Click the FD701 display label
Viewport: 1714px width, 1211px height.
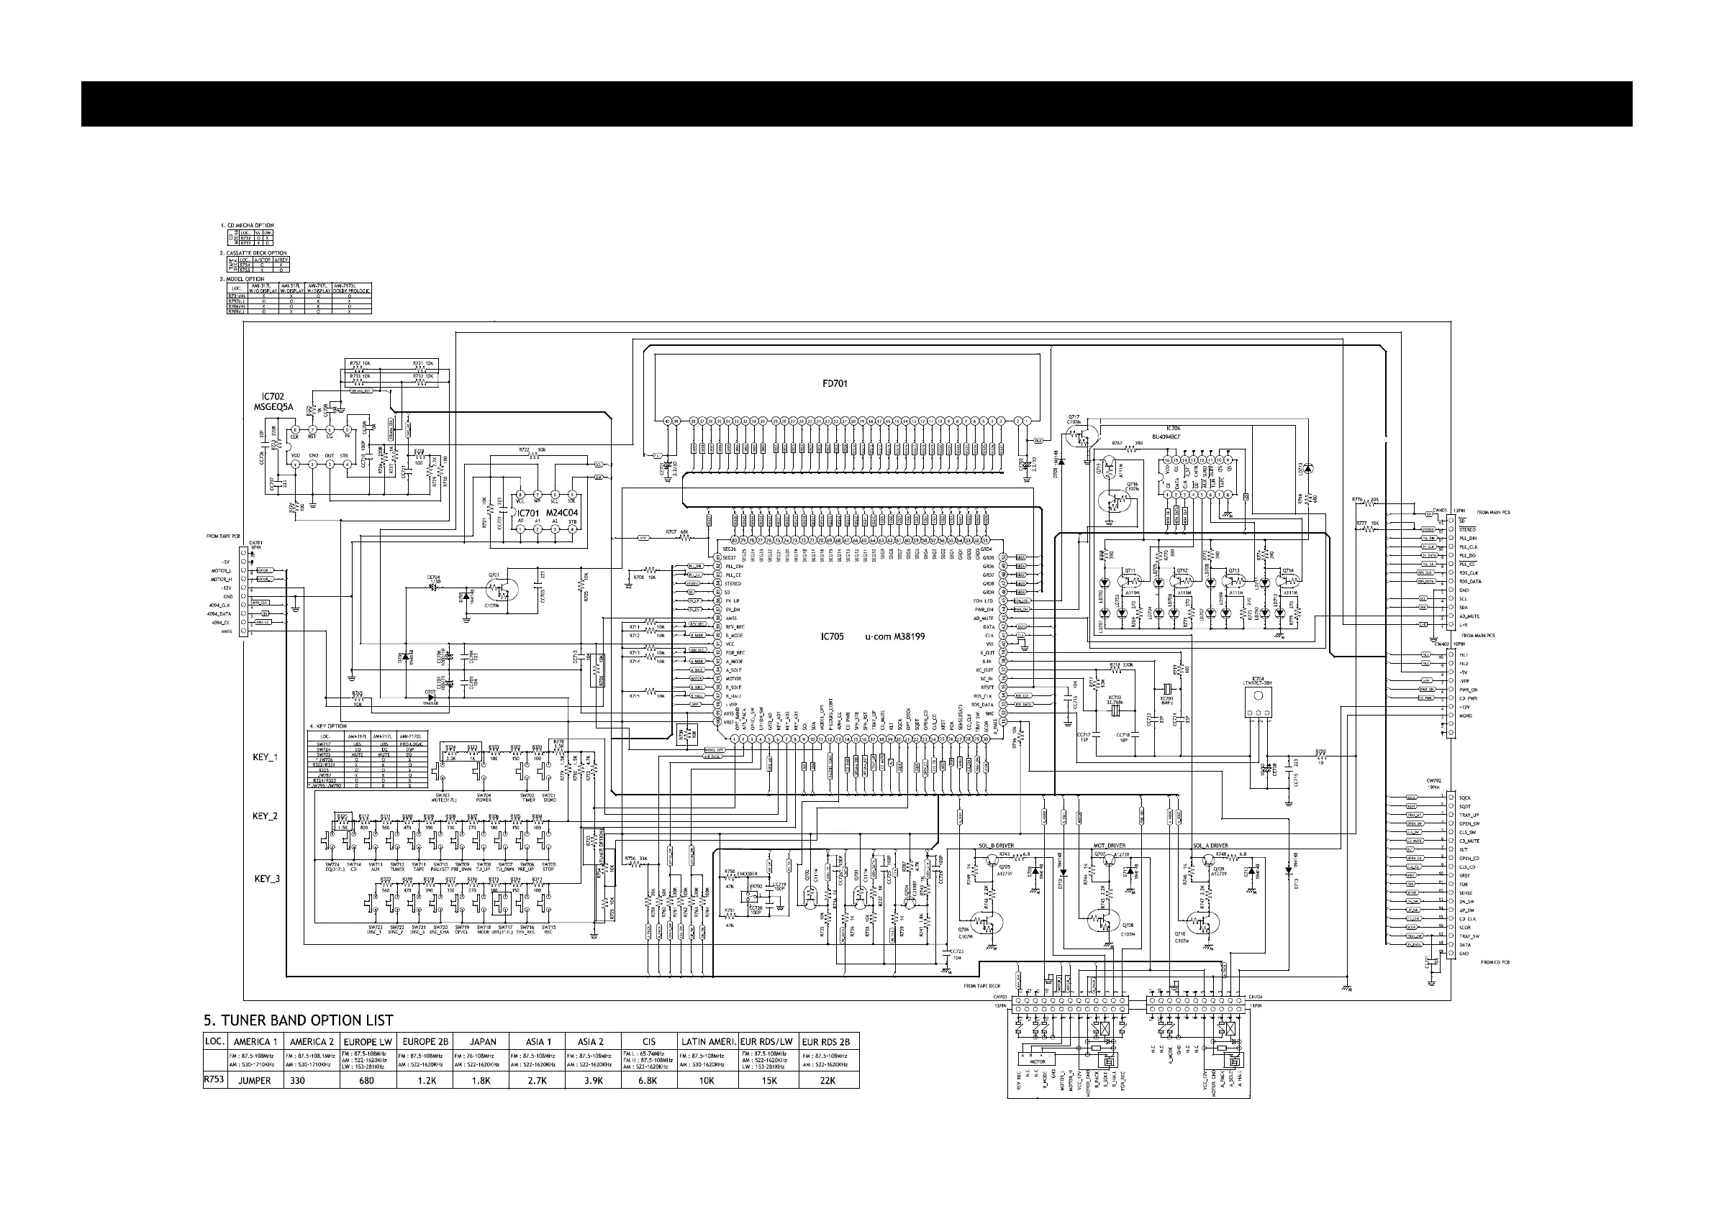point(835,383)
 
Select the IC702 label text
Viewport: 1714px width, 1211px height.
point(273,397)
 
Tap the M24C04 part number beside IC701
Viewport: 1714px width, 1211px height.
point(563,513)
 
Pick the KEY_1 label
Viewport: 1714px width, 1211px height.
point(265,757)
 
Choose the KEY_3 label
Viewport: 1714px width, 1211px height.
point(266,879)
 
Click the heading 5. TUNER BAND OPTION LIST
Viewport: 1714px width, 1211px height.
point(299,1020)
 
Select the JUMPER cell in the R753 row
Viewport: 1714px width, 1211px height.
point(254,1080)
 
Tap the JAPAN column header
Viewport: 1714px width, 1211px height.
point(482,1041)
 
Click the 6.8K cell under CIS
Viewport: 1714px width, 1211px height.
point(649,1080)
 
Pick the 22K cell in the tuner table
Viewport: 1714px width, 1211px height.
point(828,1080)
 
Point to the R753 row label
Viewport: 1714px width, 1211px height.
point(214,1079)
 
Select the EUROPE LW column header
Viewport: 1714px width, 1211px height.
point(367,1041)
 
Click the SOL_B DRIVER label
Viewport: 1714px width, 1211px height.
point(996,846)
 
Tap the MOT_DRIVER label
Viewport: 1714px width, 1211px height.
point(1110,846)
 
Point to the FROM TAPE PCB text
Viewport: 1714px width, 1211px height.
point(223,536)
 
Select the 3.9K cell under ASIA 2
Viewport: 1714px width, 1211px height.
point(594,1080)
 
